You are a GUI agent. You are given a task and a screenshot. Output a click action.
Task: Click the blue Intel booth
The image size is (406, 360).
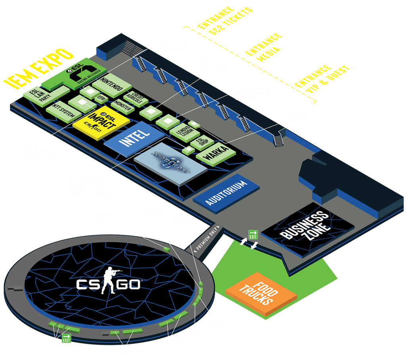pos(134,138)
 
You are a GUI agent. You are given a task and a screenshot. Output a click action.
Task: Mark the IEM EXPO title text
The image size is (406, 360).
pos(38,67)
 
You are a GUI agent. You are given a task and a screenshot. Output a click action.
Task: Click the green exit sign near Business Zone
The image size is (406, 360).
pos(253,234)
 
